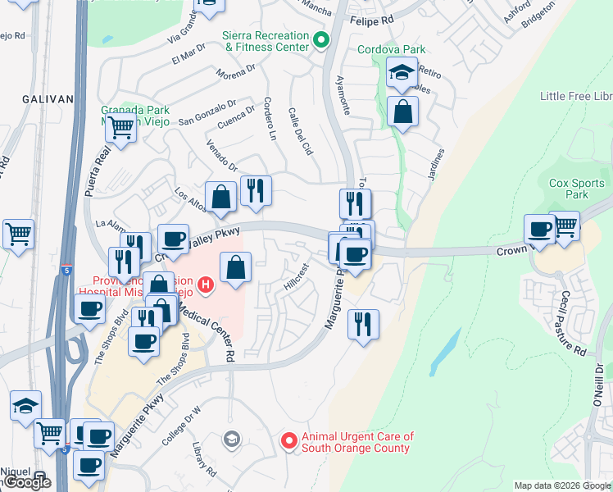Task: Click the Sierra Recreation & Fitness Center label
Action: point(266,41)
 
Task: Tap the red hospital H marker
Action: point(207,285)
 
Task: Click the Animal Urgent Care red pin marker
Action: point(288,441)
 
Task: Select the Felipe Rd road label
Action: point(372,19)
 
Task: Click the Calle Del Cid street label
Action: point(301,131)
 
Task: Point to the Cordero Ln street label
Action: point(268,119)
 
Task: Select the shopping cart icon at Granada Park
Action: point(121,128)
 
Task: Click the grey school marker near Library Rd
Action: point(232,440)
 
